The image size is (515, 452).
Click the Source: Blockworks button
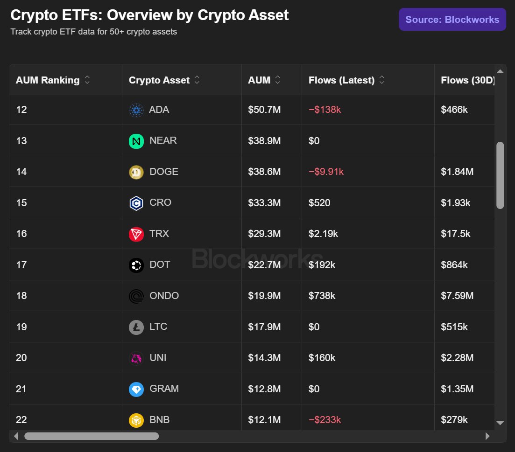(x=452, y=19)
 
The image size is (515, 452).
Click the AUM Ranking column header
(x=48, y=80)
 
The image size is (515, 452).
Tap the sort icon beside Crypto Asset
(x=197, y=80)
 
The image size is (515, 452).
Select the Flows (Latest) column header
(x=342, y=80)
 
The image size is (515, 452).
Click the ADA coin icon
(x=136, y=110)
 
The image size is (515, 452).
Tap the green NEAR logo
(x=136, y=141)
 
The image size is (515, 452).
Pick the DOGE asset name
(x=164, y=172)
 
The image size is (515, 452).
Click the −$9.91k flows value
(x=326, y=172)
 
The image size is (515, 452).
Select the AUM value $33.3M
(x=264, y=203)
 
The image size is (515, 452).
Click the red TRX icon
(x=136, y=234)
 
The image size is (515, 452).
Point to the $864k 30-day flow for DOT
(x=454, y=264)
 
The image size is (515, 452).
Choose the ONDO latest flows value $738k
(x=322, y=296)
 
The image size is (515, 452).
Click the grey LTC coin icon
(x=136, y=327)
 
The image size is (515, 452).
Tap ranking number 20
(x=21, y=357)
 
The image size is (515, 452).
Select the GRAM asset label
(x=164, y=389)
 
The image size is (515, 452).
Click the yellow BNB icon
(x=136, y=420)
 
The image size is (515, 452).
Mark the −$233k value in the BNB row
(x=325, y=419)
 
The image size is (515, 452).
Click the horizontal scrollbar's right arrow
(x=487, y=436)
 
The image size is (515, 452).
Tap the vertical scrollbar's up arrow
(x=500, y=71)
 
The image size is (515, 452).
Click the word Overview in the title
(x=140, y=15)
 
